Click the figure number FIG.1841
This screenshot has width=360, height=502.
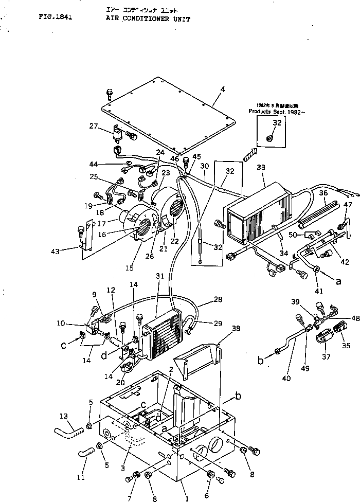click(55, 16)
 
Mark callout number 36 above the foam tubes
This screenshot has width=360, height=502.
click(322, 193)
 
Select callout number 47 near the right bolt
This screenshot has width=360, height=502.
click(348, 205)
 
